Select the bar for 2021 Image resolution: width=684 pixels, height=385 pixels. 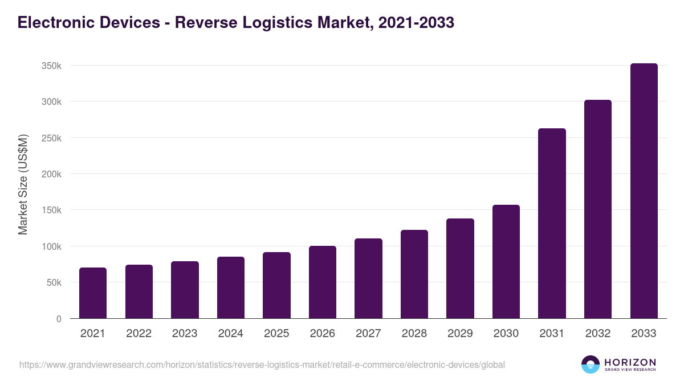click(93, 293)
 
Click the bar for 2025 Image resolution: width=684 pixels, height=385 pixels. click(276, 285)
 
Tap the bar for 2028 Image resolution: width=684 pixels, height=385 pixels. click(414, 274)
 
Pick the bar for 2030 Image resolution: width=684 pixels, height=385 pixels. click(506, 262)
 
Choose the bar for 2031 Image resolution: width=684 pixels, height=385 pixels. click(552, 224)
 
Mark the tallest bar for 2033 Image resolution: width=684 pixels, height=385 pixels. click(644, 191)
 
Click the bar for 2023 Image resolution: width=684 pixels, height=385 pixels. click(185, 290)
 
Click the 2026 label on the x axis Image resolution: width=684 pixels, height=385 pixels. click(322, 334)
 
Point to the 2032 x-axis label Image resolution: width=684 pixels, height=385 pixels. click(598, 334)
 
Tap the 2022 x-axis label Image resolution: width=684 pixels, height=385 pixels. click(139, 334)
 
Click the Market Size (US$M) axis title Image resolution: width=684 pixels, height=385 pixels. click(23, 184)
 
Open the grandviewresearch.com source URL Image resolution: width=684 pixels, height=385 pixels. click(262, 364)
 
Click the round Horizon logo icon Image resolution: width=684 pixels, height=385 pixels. click(591, 364)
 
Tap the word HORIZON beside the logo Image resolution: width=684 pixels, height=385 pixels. click(630, 362)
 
